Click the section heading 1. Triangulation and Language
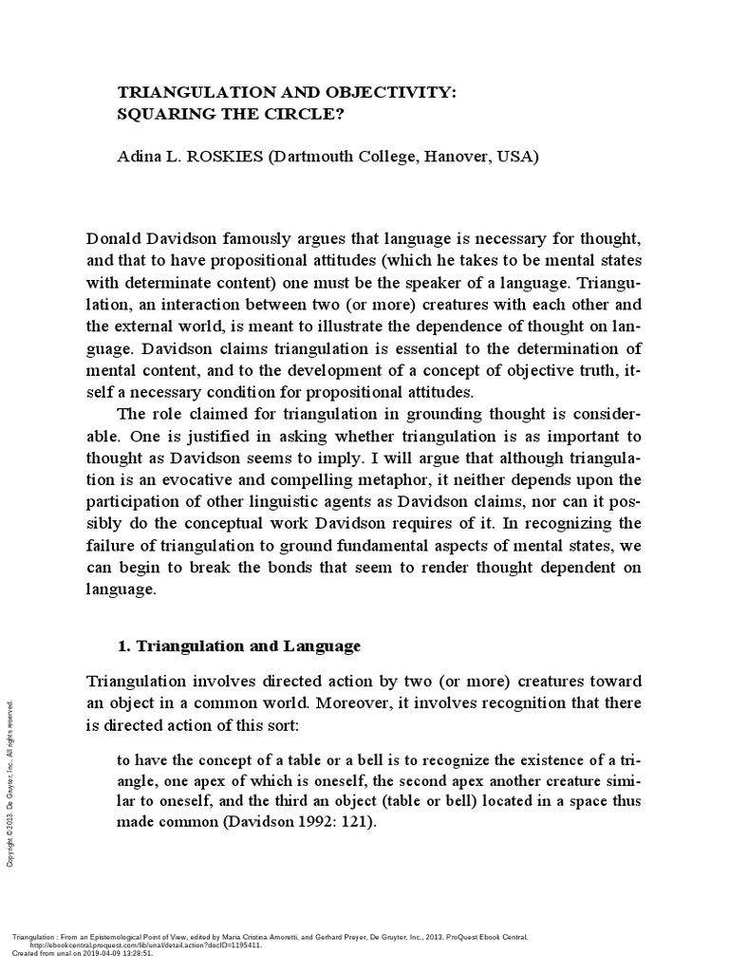coord(238,646)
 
